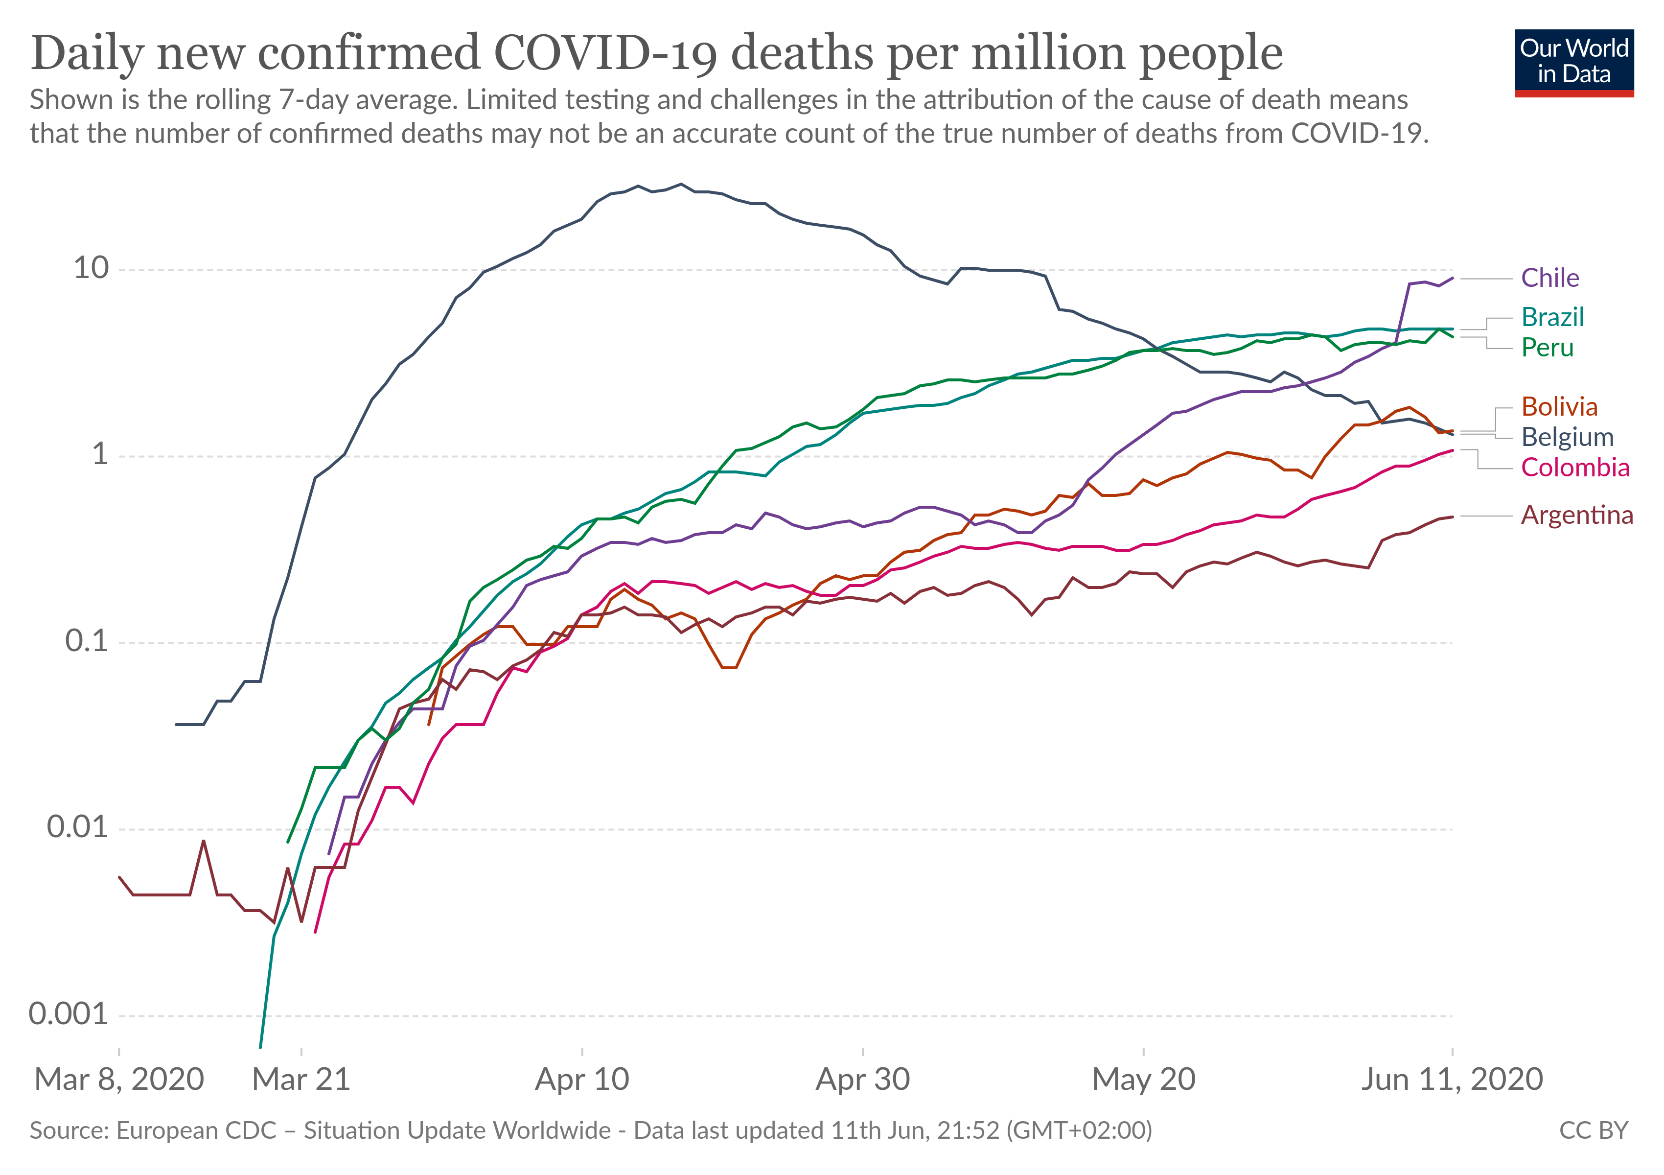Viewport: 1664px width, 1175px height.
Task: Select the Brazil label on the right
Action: tap(1552, 317)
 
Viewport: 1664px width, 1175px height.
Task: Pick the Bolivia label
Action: tap(1559, 407)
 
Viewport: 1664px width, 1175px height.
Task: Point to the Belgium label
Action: tap(1567, 437)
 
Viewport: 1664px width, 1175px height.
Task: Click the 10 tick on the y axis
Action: tap(92, 268)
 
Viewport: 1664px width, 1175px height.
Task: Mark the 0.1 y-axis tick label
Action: tap(86, 641)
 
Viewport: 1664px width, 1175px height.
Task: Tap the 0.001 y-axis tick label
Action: tap(68, 1013)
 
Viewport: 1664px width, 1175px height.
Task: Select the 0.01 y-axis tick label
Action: tap(77, 827)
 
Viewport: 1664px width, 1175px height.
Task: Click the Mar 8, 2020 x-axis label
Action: tap(119, 1080)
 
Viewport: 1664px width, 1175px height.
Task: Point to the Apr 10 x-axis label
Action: tap(582, 1080)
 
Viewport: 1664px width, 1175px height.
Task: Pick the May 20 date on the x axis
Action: tap(1143, 1080)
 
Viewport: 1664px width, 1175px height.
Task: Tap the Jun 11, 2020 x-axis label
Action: tap(1452, 1080)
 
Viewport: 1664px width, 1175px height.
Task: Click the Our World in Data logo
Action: tap(1573, 62)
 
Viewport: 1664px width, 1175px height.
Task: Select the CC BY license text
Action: tap(1593, 1130)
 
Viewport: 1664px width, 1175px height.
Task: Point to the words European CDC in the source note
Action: tap(196, 1130)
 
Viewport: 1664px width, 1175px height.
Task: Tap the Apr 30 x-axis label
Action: tap(862, 1080)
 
